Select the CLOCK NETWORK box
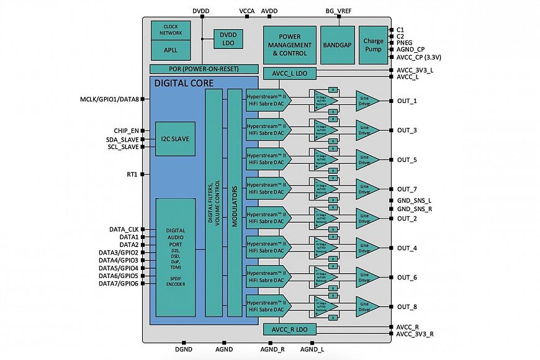click(170, 30)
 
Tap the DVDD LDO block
click(228, 38)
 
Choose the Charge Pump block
click(373, 44)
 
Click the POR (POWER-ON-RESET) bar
click(204, 69)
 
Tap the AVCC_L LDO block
click(290, 74)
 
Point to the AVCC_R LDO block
click(290, 328)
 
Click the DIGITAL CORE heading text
click(184, 83)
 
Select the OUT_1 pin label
click(407, 101)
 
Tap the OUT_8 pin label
click(407, 307)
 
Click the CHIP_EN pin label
click(127, 130)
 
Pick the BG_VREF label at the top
click(339, 11)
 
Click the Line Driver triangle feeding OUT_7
click(366, 189)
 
